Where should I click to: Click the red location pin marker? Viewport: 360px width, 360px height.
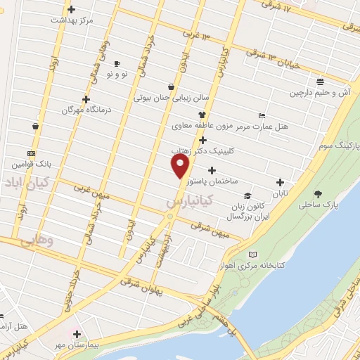181,165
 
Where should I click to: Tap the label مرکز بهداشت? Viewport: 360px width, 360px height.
72,20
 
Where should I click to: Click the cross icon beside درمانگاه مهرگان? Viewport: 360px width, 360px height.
86,99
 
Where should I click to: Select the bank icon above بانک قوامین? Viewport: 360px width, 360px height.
31,153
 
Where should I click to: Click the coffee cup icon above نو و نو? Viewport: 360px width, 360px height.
116,63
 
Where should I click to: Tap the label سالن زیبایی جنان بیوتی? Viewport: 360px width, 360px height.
168,98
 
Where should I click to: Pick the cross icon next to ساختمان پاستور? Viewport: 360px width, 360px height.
212,169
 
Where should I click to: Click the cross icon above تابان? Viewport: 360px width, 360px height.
281,182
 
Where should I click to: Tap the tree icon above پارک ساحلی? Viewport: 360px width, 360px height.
319,193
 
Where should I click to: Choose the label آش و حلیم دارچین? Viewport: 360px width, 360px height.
319,93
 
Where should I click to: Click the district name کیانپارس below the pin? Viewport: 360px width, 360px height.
186,202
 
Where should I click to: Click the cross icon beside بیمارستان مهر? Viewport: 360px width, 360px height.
77,334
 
